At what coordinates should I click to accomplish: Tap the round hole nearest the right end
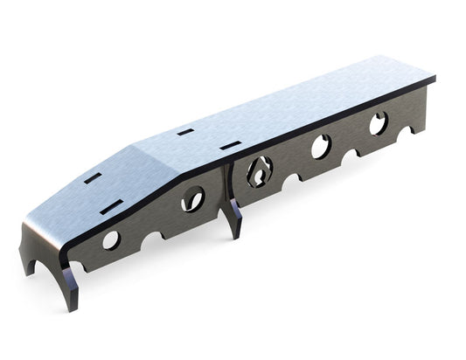(379, 123)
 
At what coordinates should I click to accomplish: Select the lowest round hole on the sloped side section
(112, 240)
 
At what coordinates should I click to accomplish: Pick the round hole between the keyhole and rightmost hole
(322, 146)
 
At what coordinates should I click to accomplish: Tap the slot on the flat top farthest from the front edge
(185, 132)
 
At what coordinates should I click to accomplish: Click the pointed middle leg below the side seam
(234, 218)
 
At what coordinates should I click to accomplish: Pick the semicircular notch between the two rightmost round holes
(351, 154)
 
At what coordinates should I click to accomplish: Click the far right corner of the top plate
(435, 78)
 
